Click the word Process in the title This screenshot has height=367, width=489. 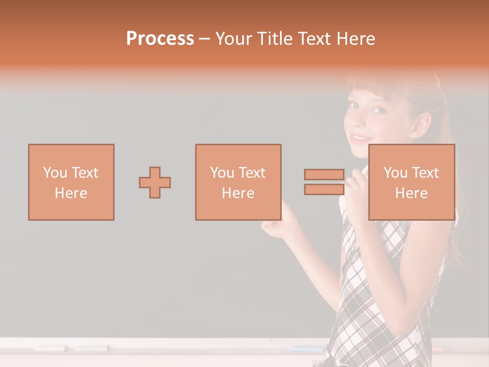pyautogui.click(x=160, y=39)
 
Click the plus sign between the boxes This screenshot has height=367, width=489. pyautogui.click(x=155, y=182)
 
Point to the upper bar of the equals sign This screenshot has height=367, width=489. pyautogui.click(x=324, y=174)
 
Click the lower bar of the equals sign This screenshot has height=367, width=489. pyautogui.click(x=324, y=190)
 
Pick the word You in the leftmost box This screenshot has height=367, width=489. pyautogui.click(x=55, y=173)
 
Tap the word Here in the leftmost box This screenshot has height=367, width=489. pyautogui.click(x=71, y=193)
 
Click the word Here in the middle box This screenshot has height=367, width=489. pyautogui.click(x=238, y=193)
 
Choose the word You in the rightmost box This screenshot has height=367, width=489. pyautogui.click(x=395, y=173)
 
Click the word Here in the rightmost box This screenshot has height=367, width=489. pyautogui.click(x=411, y=193)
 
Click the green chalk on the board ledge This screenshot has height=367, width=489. pyautogui.click(x=92, y=349)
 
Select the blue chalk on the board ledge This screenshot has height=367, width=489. pyautogui.click(x=306, y=349)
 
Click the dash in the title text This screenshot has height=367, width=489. pyautogui.click(x=204, y=39)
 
